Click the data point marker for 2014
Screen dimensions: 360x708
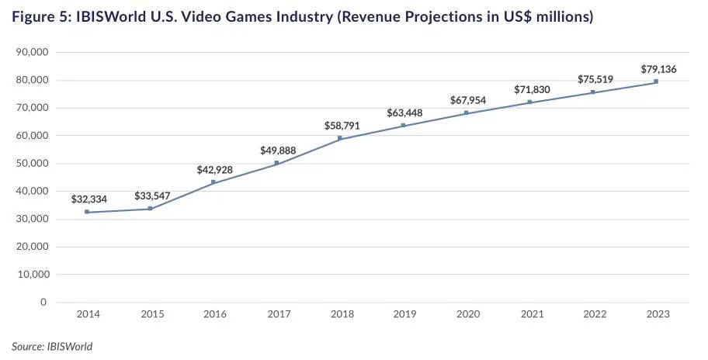pyautogui.click(x=87, y=212)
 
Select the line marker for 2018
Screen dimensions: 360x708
pyautogui.click(x=340, y=138)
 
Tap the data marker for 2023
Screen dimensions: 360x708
pyautogui.click(x=656, y=81)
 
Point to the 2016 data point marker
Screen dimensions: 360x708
pyautogui.click(x=213, y=182)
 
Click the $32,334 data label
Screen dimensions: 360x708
pyautogui.click(x=89, y=199)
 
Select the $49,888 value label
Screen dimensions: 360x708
pyautogui.click(x=279, y=151)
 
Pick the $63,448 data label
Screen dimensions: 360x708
pyautogui.click(x=404, y=113)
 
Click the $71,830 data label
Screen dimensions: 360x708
pyautogui.click(x=532, y=90)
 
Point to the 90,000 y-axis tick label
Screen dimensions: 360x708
pyautogui.click(x=32, y=52)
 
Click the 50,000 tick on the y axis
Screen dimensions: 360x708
pyautogui.click(x=32, y=164)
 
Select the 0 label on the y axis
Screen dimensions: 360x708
pyautogui.click(x=43, y=303)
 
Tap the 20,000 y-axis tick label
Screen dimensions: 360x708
pyautogui.click(x=32, y=247)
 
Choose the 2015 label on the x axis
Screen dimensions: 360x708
pyautogui.click(x=151, y=315)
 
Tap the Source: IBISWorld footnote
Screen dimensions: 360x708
pyautogui.click(x=52, y=346)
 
